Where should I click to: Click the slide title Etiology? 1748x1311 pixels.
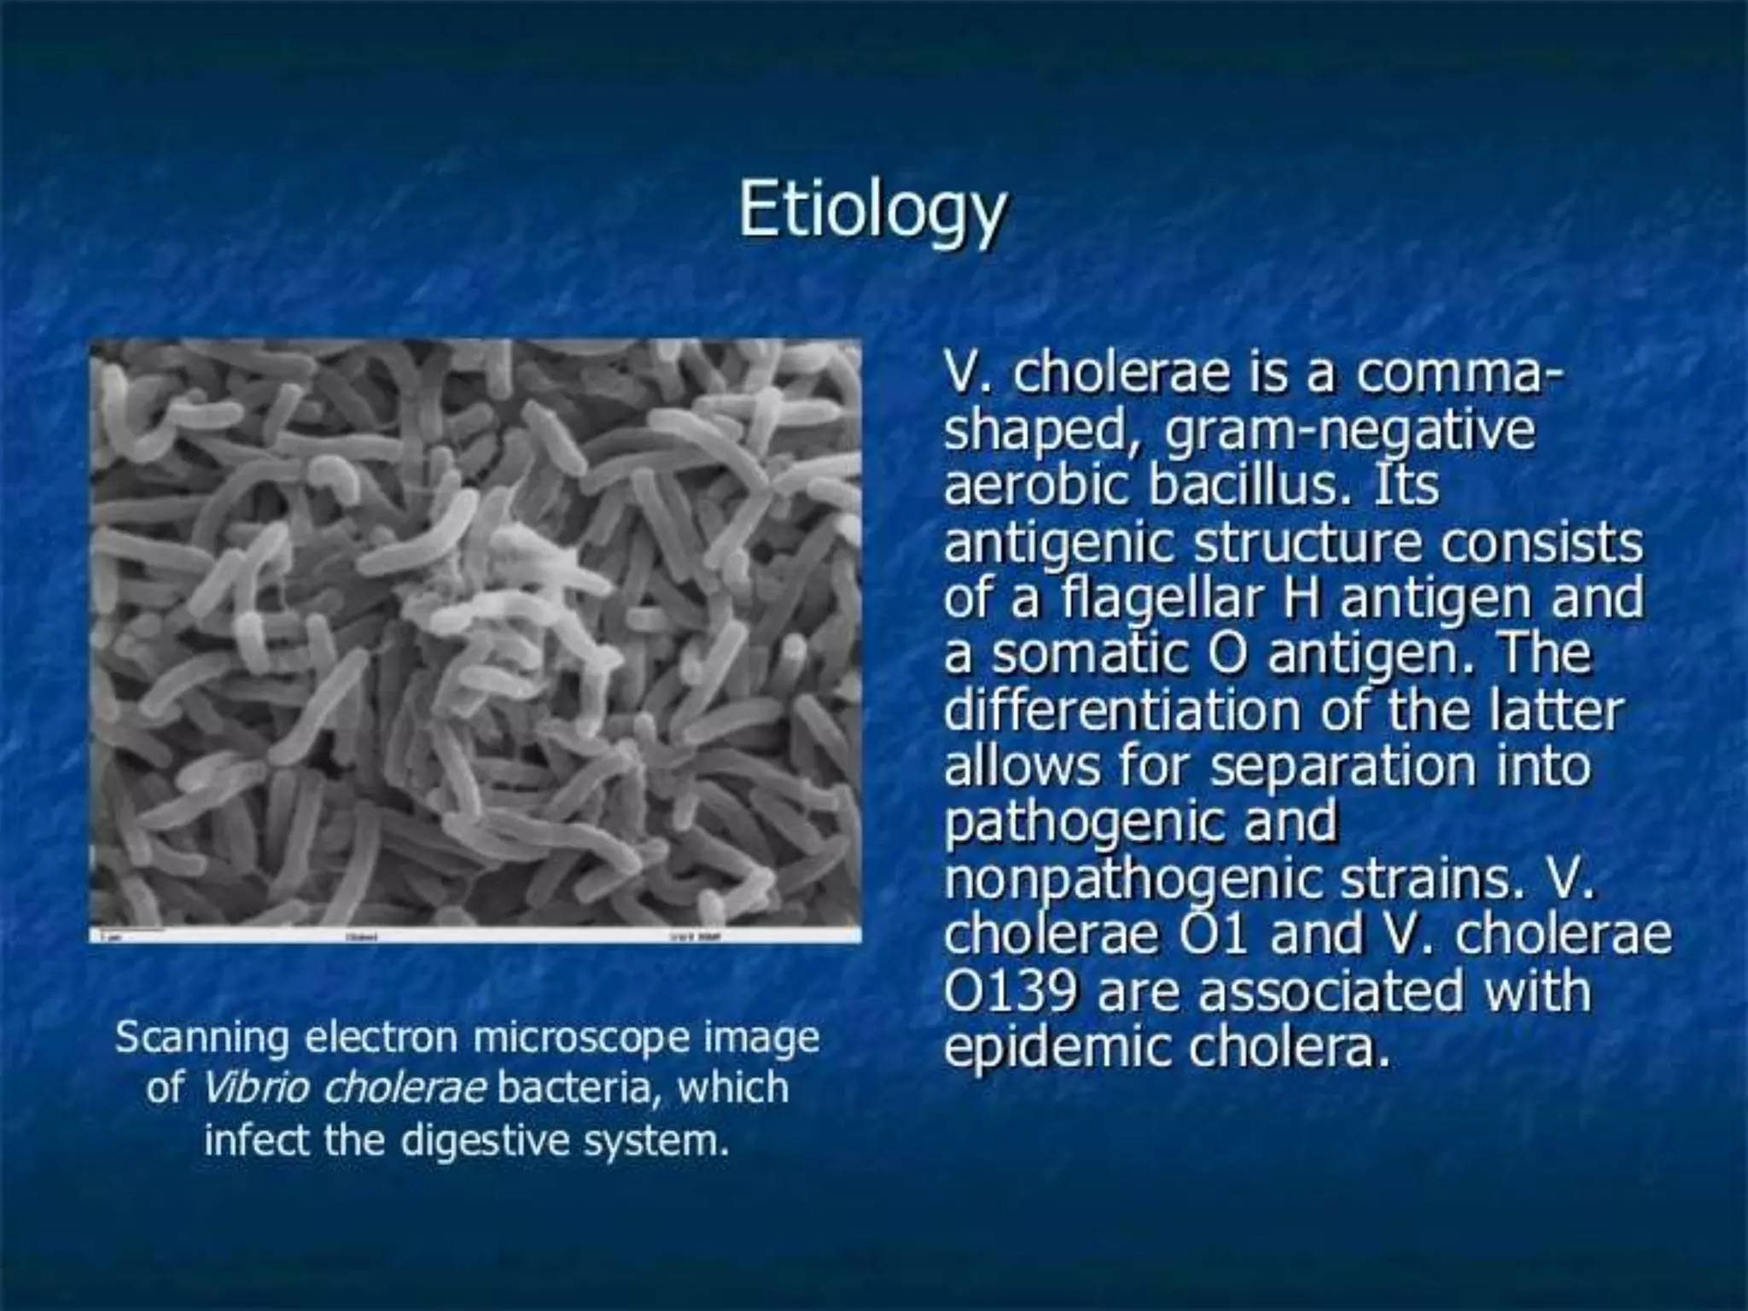872,212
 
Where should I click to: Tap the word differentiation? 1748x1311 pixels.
1123,710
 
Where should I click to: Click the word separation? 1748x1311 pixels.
1343,766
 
